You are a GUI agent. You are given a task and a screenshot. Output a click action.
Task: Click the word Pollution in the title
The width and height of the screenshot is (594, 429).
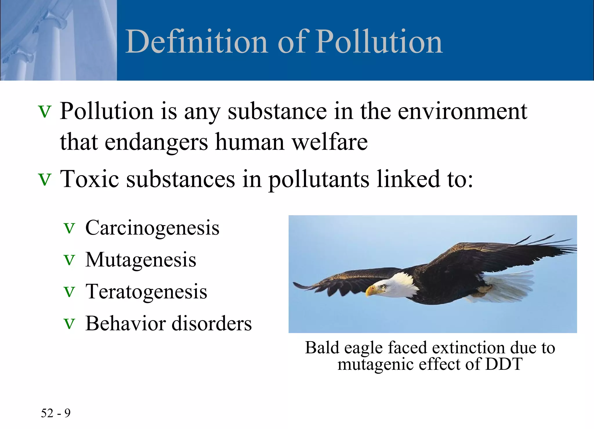[x=379, y=42]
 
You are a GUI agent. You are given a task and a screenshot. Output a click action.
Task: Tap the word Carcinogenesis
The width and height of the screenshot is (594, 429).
[x=152, y=228]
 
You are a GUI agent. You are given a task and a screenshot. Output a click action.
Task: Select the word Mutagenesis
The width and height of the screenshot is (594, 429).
[x=141, y=260]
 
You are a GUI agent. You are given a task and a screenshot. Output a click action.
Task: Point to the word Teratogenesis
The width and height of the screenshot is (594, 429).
[x=146, y=292]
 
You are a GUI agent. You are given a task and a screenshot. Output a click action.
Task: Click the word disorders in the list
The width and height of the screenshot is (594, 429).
[x=212, y=324]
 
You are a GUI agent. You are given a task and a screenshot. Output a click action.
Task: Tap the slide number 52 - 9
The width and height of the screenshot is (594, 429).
[x=56, y=413]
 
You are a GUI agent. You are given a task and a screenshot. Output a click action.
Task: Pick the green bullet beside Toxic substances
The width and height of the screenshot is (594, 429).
[x=45, y=180]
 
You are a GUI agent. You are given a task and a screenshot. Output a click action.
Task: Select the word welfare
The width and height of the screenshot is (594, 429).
[x=329, y=142]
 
